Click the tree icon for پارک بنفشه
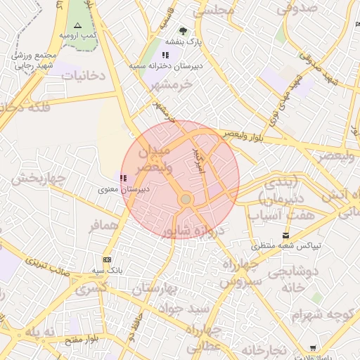click(183, 31)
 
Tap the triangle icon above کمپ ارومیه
click(77, 25)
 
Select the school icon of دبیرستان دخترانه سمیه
click(165, 55)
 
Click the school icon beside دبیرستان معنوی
click(124, 179)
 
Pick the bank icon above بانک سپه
click(107, 259)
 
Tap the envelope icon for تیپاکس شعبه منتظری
click(285, 235)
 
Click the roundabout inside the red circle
click(186, 200)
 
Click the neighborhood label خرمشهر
click(171, 84)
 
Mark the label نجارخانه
click(264, 350)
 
